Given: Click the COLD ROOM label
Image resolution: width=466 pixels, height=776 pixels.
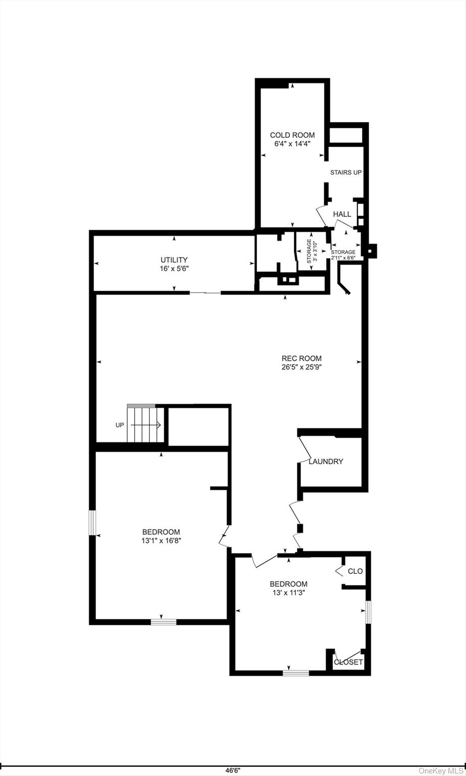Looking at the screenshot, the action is [292, 135].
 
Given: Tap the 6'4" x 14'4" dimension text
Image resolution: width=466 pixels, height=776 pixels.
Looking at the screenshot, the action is [292, 144].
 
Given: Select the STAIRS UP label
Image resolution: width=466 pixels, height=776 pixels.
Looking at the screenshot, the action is [346, 172].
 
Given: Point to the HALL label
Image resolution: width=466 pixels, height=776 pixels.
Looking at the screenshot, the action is [342, 214].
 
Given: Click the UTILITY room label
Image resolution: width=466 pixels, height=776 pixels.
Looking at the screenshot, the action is [174, 260].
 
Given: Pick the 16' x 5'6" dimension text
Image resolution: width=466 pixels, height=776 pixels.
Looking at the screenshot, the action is [174, 268].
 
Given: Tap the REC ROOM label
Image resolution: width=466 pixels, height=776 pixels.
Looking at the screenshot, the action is [301, 359].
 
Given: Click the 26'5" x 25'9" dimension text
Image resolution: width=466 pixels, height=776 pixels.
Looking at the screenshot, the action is [301, 367].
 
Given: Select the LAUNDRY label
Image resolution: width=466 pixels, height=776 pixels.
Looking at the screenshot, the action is [326, 461].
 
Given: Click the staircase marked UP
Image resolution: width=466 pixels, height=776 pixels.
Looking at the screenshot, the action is [145, 423].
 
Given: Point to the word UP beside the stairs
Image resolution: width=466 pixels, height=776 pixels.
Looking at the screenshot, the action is [120, 425].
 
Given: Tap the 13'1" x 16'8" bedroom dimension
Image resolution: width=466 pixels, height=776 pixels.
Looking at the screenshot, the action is [162, 541].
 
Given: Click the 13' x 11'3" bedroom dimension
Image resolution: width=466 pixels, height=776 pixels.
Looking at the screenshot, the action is [289, 593].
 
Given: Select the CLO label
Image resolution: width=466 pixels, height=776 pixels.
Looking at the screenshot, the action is [355, 571].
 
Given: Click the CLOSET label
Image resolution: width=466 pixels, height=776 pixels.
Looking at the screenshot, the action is [348, 662].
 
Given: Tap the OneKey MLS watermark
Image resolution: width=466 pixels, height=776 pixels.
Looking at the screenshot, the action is [441, 771].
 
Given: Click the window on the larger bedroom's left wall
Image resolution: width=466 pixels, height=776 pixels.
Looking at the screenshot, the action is [92, 523].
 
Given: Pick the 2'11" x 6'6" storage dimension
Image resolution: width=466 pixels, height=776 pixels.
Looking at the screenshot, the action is [343, 258].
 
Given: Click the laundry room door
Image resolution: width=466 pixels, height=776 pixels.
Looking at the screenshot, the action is [304, 449].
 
